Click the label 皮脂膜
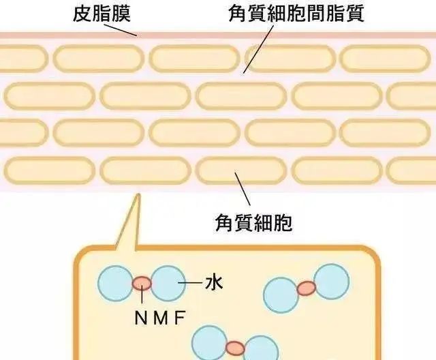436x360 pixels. coord(102,13)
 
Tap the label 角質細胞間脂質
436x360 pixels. coord(296,13)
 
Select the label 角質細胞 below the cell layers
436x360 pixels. coord(253,222)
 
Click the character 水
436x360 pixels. coord(214,283)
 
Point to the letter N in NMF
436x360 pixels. coord(140,318)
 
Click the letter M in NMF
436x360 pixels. coord(161,318)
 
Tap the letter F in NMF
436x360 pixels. coord(180,318)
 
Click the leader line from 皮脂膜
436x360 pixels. coord(121,30)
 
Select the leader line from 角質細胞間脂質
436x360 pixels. coord(258,49)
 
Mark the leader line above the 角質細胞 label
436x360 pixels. coord(243,189)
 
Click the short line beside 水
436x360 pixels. coord(190,283)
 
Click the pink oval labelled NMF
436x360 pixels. coord(142,283)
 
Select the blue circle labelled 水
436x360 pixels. coord(168,283)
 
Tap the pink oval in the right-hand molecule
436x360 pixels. coord(307,288)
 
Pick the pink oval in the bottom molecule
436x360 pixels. coord(235,348)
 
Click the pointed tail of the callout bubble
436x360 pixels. coord(138,195)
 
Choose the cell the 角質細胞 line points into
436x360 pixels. coord(240,170)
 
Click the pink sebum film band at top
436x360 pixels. coord(218,35)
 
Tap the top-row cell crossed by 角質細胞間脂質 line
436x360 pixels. coord(290,59)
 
